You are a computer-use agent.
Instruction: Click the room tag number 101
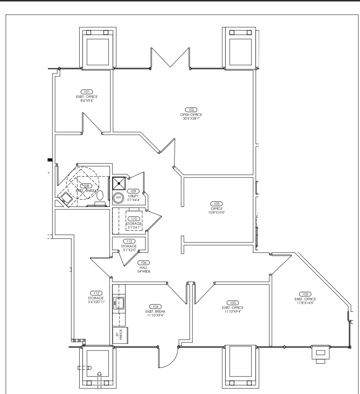click(x=87, y=91)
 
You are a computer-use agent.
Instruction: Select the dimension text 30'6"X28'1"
click(x=191, y=118)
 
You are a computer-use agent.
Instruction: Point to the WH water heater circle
click(x=118, y=197)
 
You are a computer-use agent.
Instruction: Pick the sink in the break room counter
click(x=119, y=302)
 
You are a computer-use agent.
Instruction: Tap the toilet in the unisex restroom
click(x=100, y=195)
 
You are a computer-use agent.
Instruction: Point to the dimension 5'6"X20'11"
click(x=94, y=302)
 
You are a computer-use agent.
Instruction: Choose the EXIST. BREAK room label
click(x=156, y=311)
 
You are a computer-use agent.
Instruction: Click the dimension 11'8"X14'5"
click(x=305, y=302)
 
